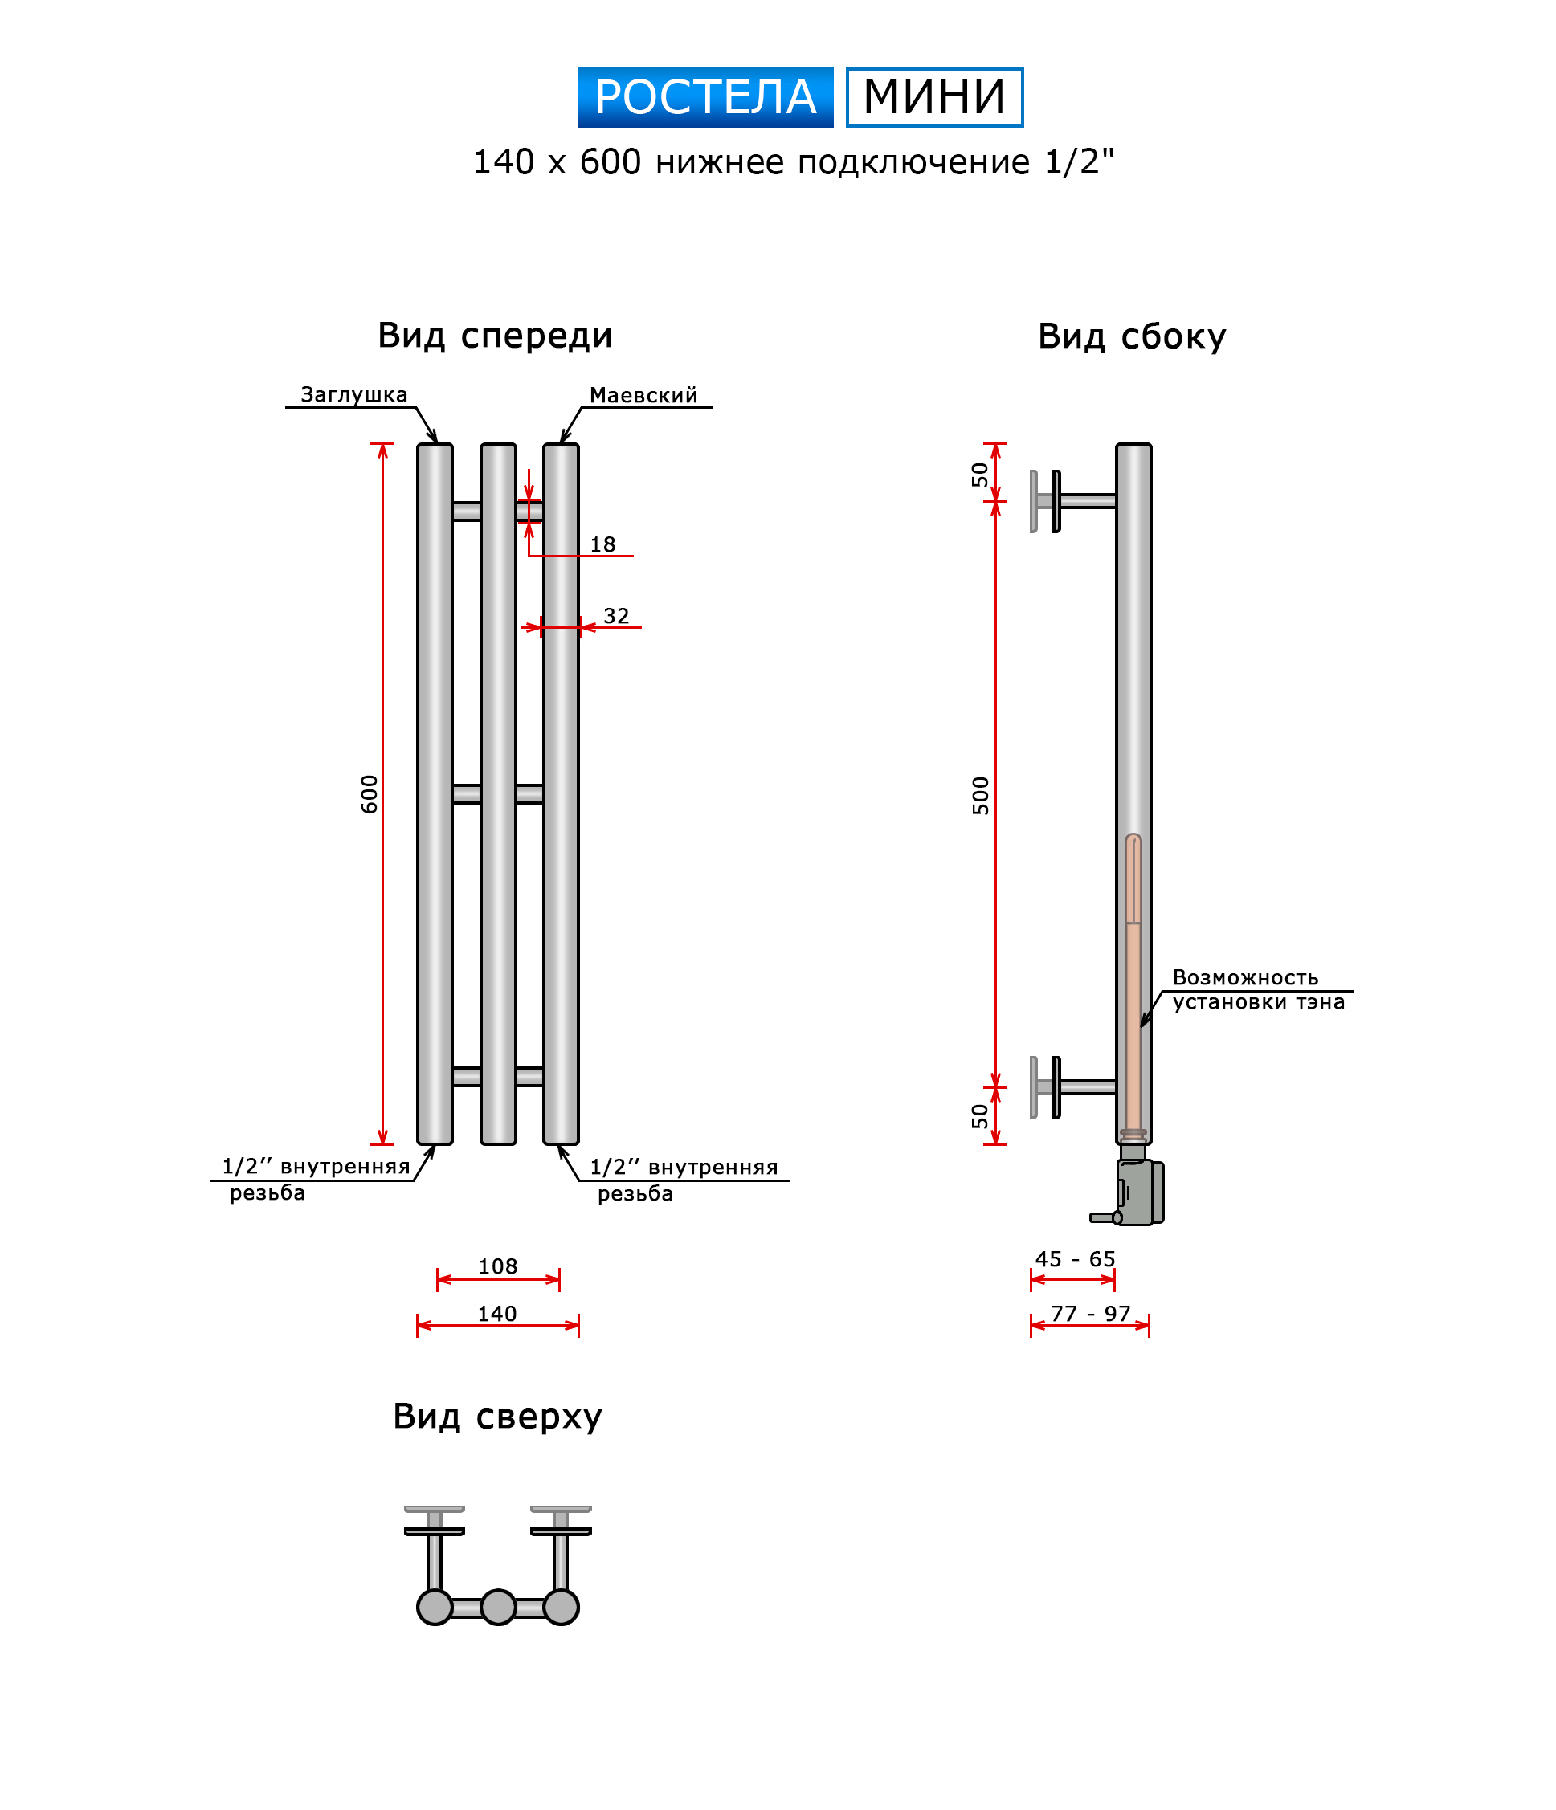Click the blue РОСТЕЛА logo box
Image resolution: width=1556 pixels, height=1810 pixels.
[705, 97]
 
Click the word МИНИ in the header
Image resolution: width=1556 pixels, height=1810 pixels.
[934, 97]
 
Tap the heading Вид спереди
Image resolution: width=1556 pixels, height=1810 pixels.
[495, 336]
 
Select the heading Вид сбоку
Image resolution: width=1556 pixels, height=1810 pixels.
[1131, 336]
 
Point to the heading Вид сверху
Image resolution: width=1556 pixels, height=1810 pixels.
[497, 1416]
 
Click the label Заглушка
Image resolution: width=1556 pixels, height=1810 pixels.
[353, 395]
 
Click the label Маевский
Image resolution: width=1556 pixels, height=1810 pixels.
[643, 396]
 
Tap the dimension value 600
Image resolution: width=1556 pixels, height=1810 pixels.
[370, 794]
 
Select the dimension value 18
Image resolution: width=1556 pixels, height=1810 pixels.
[602, 545]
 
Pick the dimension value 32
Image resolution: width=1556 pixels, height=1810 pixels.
[616, 617]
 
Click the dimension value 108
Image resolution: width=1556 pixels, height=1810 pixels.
[498, 1266]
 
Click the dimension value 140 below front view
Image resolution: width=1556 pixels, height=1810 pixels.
[497, 1314]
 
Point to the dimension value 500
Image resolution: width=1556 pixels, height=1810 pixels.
[981, 796]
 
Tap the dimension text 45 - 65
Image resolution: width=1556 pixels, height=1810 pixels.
[1075, 1260]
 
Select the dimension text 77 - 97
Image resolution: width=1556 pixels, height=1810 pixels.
[1090, 1314]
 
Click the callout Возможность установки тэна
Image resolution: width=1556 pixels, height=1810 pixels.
[1257, 990]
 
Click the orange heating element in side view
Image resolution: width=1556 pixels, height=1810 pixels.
[1133, 1005]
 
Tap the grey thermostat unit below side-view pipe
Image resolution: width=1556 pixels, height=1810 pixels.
[1139, 1192]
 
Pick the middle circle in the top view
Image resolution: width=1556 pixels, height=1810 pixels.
[498, 1608]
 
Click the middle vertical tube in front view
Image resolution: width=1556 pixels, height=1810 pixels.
[498, 794]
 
